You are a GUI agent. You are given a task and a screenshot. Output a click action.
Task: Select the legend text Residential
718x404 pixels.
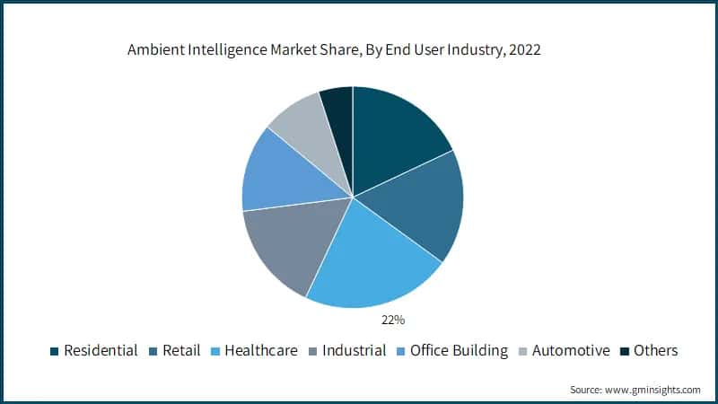click(101, 350)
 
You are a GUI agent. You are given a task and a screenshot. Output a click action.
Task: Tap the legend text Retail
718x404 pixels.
click(182, 350)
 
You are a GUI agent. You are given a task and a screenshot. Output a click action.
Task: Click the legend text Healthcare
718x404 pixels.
click(262, 350)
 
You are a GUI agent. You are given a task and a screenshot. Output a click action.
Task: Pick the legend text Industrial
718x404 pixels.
click(354, 350)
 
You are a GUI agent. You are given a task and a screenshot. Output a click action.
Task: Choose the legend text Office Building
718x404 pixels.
click(459, 350)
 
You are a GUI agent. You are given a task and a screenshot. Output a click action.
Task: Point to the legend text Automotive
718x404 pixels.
click(571, 350)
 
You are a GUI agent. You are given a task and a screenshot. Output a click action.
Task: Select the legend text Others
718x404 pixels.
click(655, 350)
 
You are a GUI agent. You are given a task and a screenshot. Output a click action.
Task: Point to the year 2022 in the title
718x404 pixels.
click(525, 51)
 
